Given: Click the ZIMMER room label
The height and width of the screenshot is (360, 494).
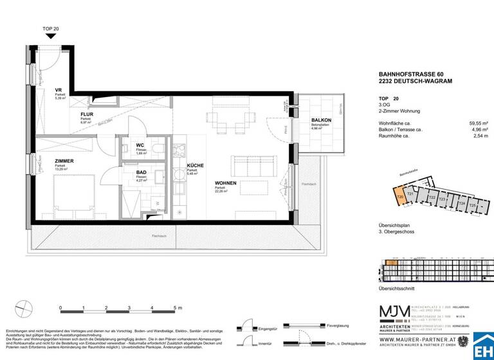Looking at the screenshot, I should coord(46,161).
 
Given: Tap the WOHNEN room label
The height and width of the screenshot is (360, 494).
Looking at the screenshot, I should coord(226,183).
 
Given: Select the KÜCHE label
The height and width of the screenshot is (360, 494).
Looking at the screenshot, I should coord(195,166).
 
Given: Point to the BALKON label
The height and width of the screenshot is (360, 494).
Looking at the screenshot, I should coord(321,121).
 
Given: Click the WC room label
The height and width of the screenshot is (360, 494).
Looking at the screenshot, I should coord(140,145).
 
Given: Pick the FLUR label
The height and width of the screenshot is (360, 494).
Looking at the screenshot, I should coord(87,114).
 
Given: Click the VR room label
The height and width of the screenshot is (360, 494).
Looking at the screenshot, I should coord(59,90).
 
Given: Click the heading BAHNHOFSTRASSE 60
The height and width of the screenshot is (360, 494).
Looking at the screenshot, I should coord(411,75).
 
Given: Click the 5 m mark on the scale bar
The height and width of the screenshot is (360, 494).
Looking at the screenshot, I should coord(175,308).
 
